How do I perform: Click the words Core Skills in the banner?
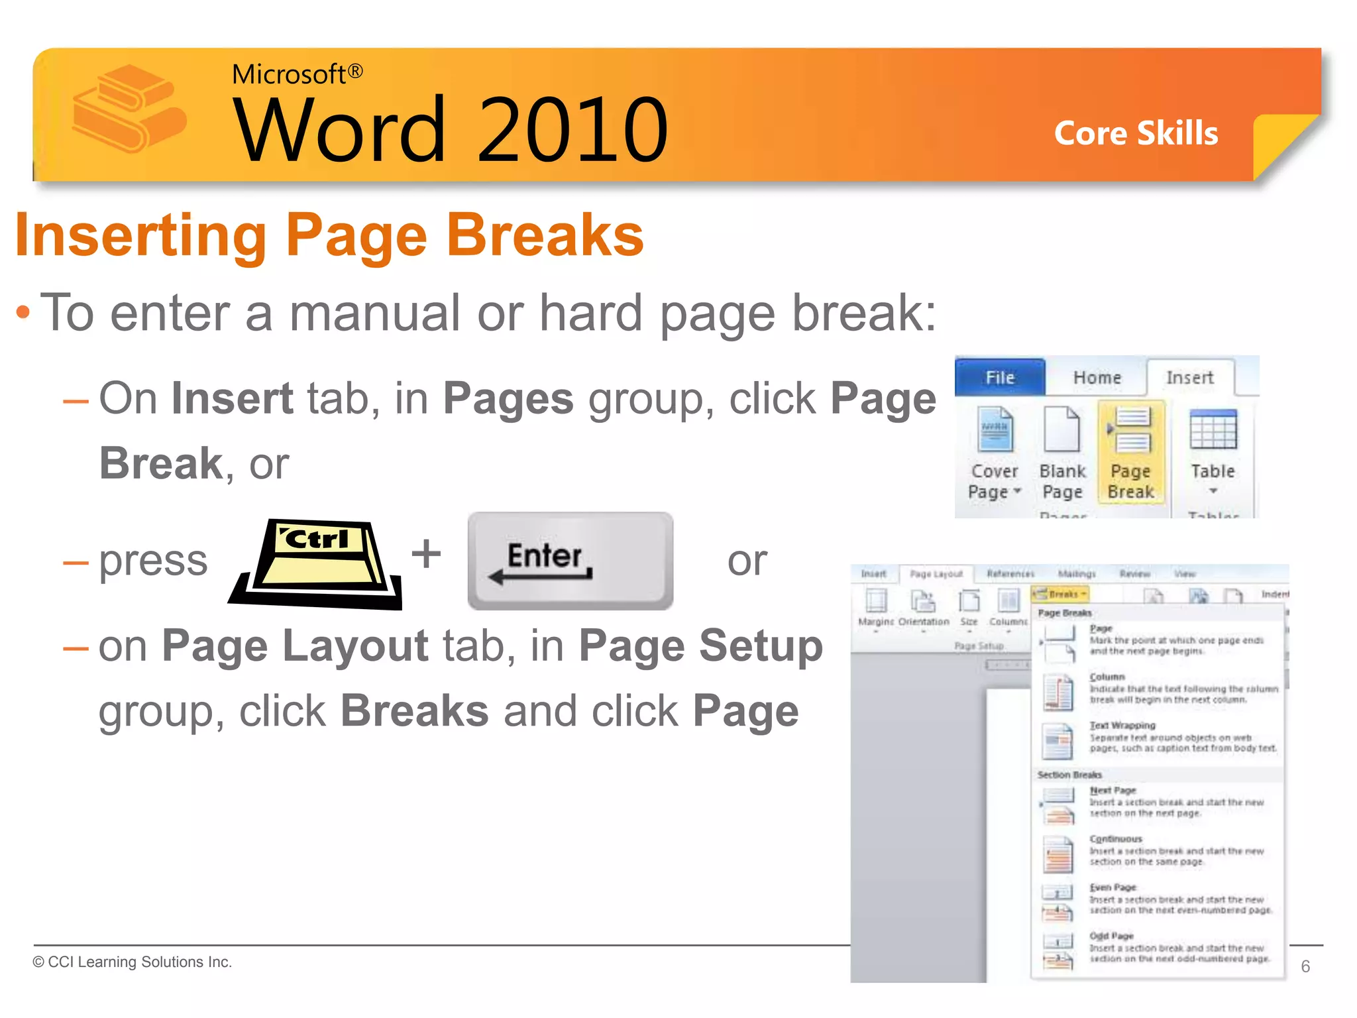[x=1136, y=133]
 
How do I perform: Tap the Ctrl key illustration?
[x=316, y=564]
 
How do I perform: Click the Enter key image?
[x=570, y=560]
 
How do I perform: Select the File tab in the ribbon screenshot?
[x=1000, y=377]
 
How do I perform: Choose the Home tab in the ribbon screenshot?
[x=1097, y=378]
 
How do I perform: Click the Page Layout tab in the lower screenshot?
[x=936, y=574]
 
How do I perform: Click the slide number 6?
[x=1305, y=966]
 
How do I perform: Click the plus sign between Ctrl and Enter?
[x=426, y=553]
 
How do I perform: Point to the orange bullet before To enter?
[x=23, y=312]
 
